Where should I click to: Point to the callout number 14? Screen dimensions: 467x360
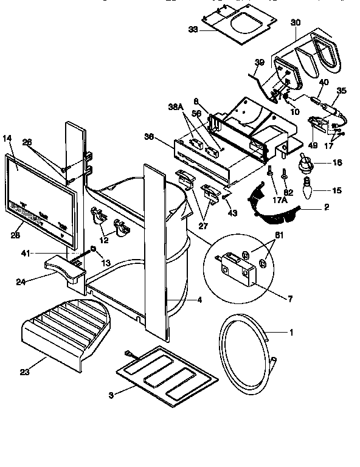coord(8,138)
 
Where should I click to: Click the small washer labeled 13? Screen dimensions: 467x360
coord(92,249)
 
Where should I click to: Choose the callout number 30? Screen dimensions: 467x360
coord(296,22)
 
